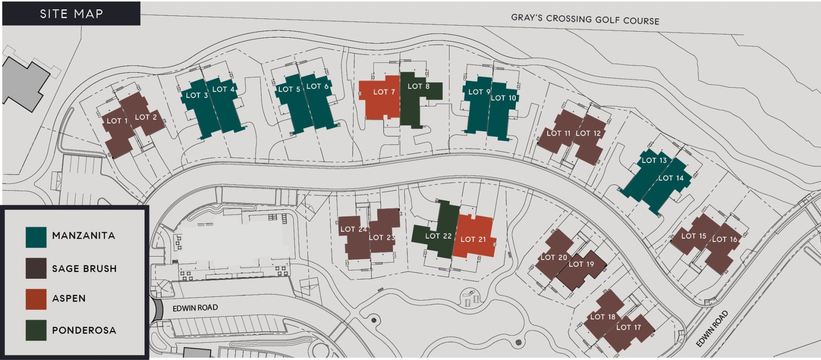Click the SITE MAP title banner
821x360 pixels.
[x=71, y=14]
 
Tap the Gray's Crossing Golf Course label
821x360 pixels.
[x=585, y=19]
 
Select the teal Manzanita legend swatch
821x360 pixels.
[x=36, y=237]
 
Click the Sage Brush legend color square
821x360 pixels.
[x=36, y=269]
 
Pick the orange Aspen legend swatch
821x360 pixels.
[x=36, y=299]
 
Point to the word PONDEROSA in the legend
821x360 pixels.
[x=84, y=330]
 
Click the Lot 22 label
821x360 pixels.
[x=438, y=236]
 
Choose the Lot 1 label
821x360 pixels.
[x=116, y=121]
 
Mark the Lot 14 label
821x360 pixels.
[x=670, y=178]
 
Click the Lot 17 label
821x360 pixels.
[x=628, y=328]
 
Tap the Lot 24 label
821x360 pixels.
[x=353, y=230]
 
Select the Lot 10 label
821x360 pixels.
[x=503, y=98]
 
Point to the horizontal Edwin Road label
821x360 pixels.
[x=195, y=308]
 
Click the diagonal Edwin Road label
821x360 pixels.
[x=712, y=329]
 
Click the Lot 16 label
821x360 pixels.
[x=724, y=239]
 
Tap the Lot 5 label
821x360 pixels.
[x=289, y=89]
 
